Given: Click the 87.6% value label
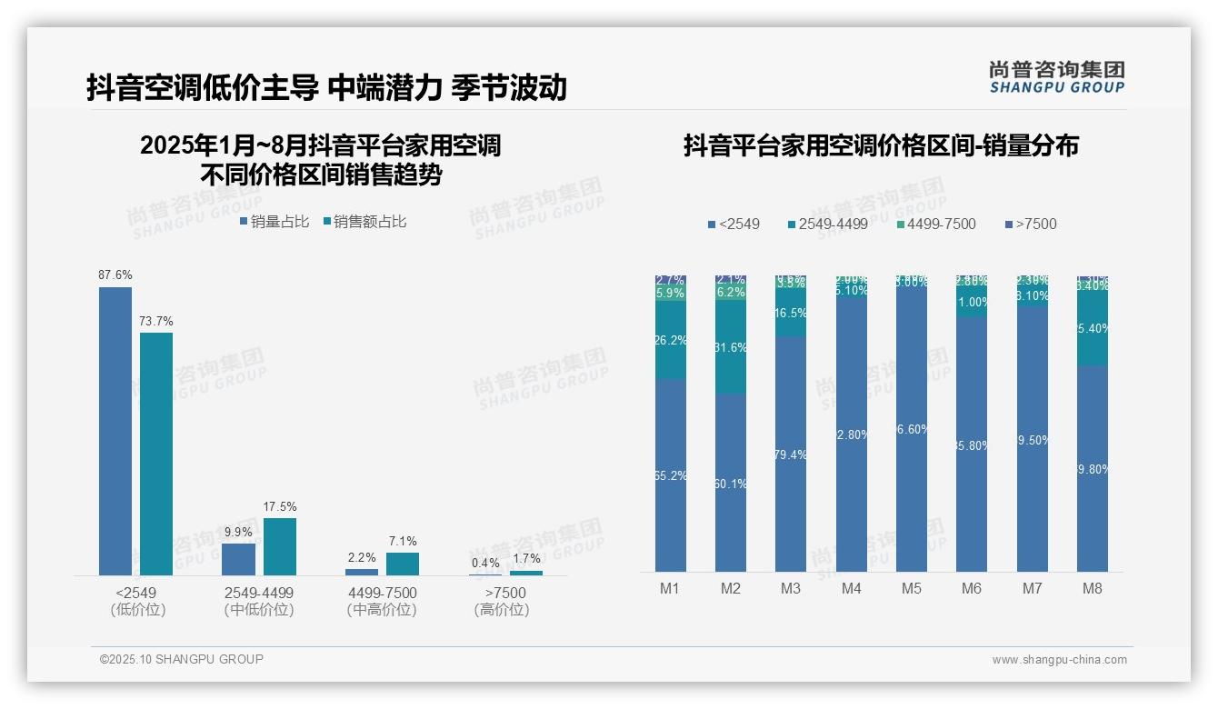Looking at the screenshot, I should point(115,275).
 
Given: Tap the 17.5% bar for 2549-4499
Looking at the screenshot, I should point(280,546).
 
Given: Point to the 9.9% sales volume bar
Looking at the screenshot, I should point(239,559).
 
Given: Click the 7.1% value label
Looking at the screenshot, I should point(403,541).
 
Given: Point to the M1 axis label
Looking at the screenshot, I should point(670,588).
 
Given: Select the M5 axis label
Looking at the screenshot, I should point(912,588).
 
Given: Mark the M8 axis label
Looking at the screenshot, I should point(1092,588).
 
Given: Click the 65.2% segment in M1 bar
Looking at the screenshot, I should point(671,474).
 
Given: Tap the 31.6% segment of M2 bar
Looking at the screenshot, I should point(731,347).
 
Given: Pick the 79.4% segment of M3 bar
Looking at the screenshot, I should point(791,454).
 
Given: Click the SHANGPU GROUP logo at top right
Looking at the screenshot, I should point(1056,77).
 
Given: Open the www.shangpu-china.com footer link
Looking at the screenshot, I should point(1059,660).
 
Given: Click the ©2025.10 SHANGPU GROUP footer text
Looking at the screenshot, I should point(182,659).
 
